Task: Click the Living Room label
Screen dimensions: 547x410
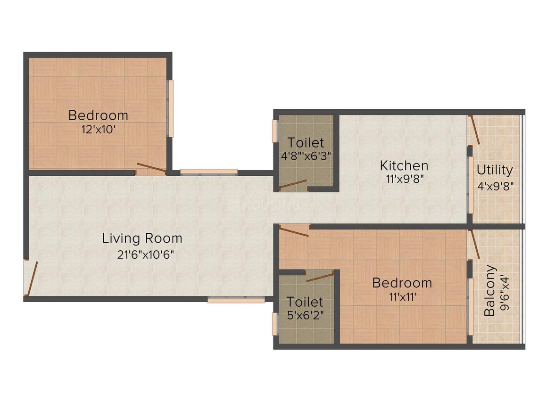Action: tap(142, 238)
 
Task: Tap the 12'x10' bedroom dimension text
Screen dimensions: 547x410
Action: tap(99, 130)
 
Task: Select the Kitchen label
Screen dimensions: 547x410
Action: tap(404, 165)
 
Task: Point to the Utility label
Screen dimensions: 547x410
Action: tap(495, 170)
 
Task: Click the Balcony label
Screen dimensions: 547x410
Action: tap(490, 290)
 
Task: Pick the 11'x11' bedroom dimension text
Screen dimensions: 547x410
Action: tap(402, 297)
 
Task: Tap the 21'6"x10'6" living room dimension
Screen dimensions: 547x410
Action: tap(145, 255)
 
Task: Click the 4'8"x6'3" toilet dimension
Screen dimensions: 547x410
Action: tap(306, 156)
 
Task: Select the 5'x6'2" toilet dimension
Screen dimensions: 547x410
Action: tap(305, 315)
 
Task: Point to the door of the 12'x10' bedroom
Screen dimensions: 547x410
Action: tap(151, 168)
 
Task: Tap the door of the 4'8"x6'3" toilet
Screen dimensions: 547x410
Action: tap(293, 184)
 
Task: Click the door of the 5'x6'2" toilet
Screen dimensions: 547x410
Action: tap(320, 277)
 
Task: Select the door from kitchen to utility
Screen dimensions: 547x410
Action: tap(474, 129)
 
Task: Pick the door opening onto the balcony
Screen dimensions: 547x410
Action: tap(475, 244)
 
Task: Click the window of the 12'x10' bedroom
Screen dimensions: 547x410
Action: tap(171, 109)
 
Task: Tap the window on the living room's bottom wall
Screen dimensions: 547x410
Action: tap(236, 299)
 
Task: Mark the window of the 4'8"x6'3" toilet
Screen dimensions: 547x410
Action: tap(275, 131)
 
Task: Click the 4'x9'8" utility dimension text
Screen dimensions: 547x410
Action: tap(496, 186)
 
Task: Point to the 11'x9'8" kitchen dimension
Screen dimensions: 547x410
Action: tap(405, 179)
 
